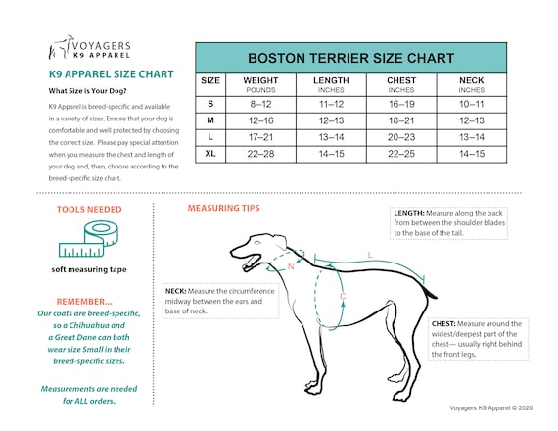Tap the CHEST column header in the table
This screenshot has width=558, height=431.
401,82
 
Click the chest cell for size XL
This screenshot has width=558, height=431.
401,154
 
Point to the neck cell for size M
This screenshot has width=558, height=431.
472,120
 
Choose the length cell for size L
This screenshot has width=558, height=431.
331,137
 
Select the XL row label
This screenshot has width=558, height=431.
209,154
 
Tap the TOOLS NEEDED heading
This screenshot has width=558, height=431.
88,209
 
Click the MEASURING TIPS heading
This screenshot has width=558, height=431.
224,209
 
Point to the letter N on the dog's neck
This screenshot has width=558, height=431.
290,265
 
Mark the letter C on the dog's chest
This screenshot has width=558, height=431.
342,295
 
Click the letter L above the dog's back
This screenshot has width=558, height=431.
369,255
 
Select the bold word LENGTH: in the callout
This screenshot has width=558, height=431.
408,213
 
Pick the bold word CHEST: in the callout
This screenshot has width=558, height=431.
445,323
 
